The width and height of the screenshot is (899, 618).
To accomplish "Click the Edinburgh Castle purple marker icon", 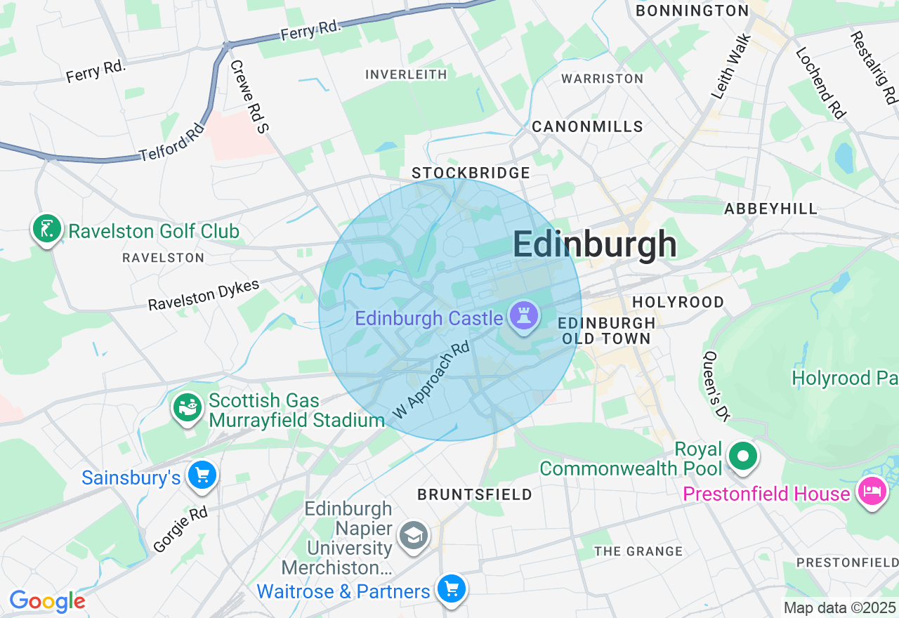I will point(524,316).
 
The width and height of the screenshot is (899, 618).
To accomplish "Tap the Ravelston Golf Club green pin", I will point(46,229).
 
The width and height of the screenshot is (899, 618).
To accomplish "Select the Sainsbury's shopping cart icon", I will point(203,475).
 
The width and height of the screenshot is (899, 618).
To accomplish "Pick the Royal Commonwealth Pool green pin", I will point(743,456).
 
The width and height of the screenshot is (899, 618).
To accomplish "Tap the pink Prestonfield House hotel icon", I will point(872,491).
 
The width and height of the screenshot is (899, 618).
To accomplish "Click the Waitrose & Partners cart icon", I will point(450,589).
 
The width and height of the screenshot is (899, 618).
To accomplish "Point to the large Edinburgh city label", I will point(594,245).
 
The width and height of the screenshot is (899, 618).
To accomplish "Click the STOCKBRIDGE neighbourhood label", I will point(471,173).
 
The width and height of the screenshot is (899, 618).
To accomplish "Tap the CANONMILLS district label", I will point(587,126).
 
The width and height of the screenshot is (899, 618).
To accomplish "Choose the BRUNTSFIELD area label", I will point(475,494).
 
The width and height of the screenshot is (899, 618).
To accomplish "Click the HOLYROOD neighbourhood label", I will point(678,302).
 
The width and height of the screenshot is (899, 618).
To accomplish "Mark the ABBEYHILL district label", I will point(770,209).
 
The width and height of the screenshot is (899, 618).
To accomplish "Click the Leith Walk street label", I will point(732,67).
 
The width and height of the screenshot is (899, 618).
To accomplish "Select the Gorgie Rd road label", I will point(181,529).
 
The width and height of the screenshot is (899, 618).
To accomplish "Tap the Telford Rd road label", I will point(172,142).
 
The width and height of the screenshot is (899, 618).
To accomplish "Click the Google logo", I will point(47,602).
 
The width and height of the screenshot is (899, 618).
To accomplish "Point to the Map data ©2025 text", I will point(839,607).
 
